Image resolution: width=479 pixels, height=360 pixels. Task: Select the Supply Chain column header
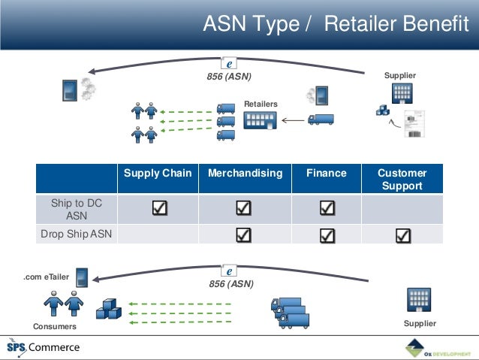tap(158, 173)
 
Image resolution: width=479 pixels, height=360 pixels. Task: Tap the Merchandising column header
tap(245, 173)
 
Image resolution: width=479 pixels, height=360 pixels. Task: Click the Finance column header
tap(327, 173)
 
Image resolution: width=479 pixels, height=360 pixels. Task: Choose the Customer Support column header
tap(402, 179)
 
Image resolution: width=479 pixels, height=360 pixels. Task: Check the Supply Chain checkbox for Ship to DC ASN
tap(159, 208)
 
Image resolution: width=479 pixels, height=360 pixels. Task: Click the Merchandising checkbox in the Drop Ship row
tap(244, 236)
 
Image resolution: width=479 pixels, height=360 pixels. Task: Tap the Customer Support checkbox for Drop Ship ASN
tap(403, 236)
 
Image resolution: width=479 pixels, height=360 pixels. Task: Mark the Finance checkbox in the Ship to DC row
tap(327, 208)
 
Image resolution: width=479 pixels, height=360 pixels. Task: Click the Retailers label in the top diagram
tap(261, 104)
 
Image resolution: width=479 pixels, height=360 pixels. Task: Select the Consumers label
tap(55, 327)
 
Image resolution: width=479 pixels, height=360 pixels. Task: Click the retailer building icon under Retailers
tap(260, 120)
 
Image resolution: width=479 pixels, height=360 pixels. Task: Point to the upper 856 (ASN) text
tap(229, 76)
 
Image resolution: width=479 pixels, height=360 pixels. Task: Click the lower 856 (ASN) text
tap(231, 284)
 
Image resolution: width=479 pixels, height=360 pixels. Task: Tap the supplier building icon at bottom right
tap(418, 299)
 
